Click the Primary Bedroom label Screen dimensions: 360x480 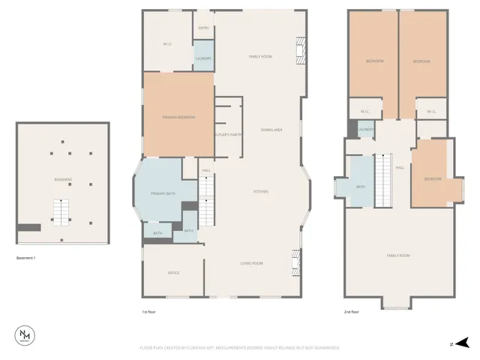(x=178, y=118)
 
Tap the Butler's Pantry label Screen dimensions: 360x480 (x=229, y=135)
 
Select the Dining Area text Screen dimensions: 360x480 (x=271, y=130)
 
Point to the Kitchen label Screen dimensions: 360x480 (x=260, y=192)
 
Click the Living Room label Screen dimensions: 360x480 (x=250, y=263)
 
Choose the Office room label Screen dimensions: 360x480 (x=173, y=272)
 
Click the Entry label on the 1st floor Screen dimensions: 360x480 (x=203, y=28)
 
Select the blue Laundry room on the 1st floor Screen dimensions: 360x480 (x=203, y=58)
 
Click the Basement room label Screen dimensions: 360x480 (x=63, y=179)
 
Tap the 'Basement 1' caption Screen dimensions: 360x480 (x=26, y=258)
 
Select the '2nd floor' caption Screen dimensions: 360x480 (x=352, y=311)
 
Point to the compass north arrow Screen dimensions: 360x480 (x=463, y=343)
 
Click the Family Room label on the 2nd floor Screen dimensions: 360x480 (x=398, y=256)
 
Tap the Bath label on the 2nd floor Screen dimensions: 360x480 (x=360, y=187)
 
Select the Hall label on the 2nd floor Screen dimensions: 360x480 (x=400, y=167)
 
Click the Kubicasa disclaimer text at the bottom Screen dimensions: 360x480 (x=239, y=348)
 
